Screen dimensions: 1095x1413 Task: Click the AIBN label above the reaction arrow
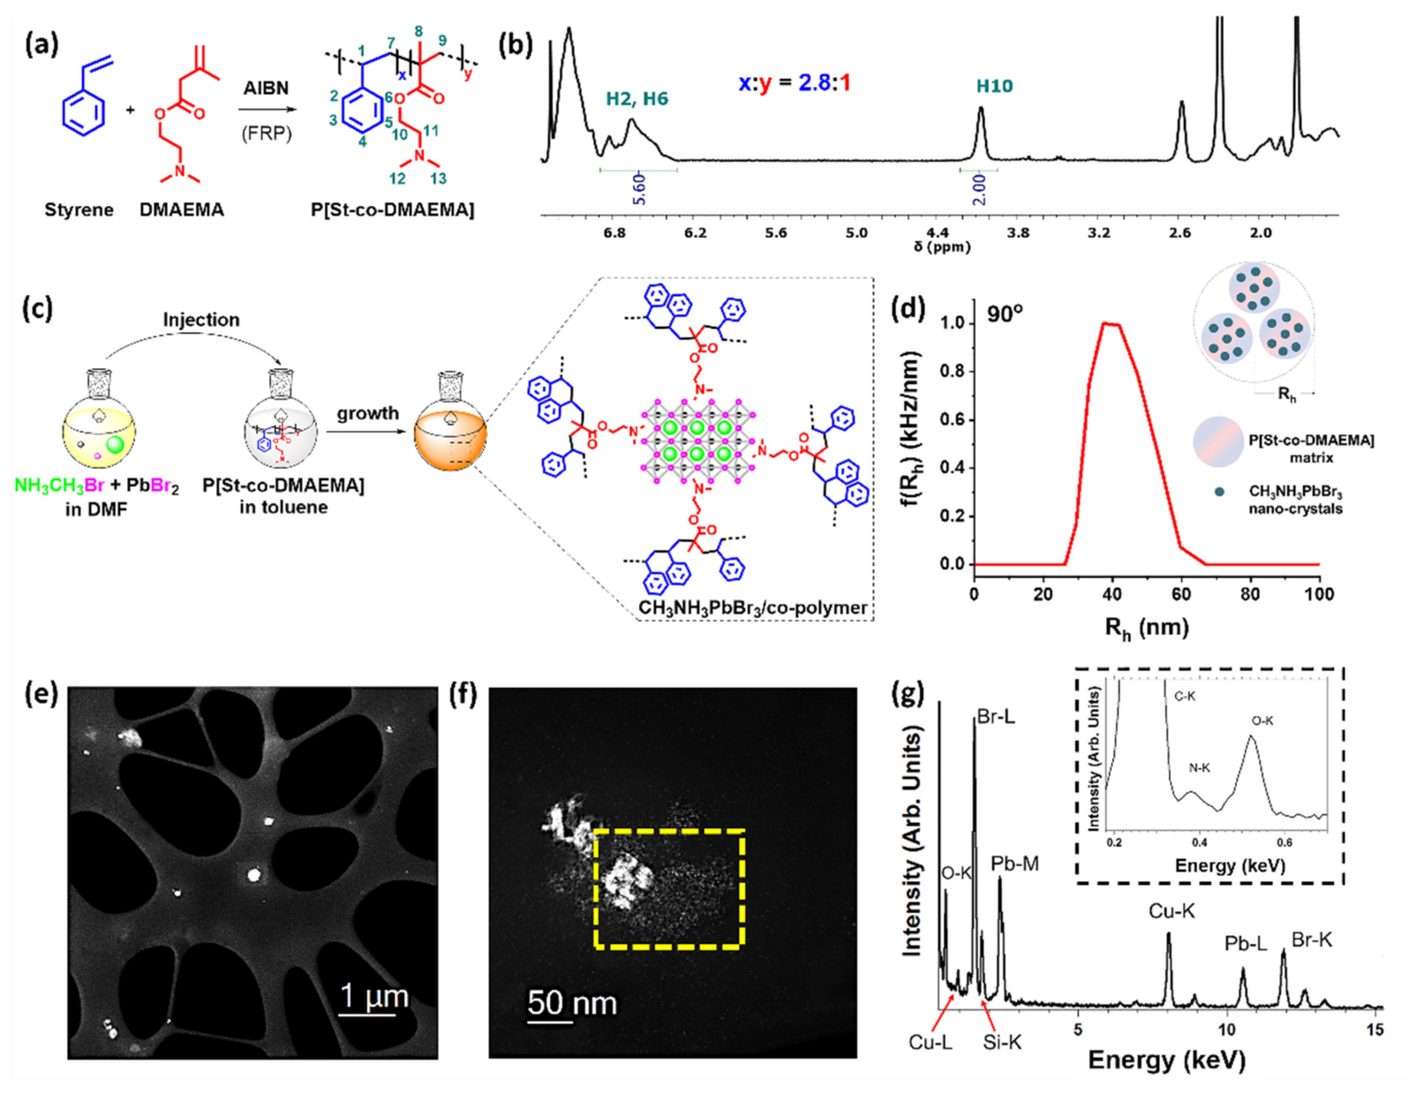(x=266, y=88)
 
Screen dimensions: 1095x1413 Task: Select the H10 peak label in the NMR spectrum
(x=995, y=86)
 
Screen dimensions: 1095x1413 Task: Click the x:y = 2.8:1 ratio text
(x=795, y=83)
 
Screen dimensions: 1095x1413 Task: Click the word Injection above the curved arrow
(x=201, y=320)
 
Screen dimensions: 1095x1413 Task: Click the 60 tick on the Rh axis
(x=1181, y=594)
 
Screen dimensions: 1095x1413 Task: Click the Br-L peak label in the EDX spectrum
(x=996, y=717)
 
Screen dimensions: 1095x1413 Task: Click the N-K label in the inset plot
(x=1199, y=768)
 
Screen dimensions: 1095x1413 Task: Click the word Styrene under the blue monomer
(x=79, y=210)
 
